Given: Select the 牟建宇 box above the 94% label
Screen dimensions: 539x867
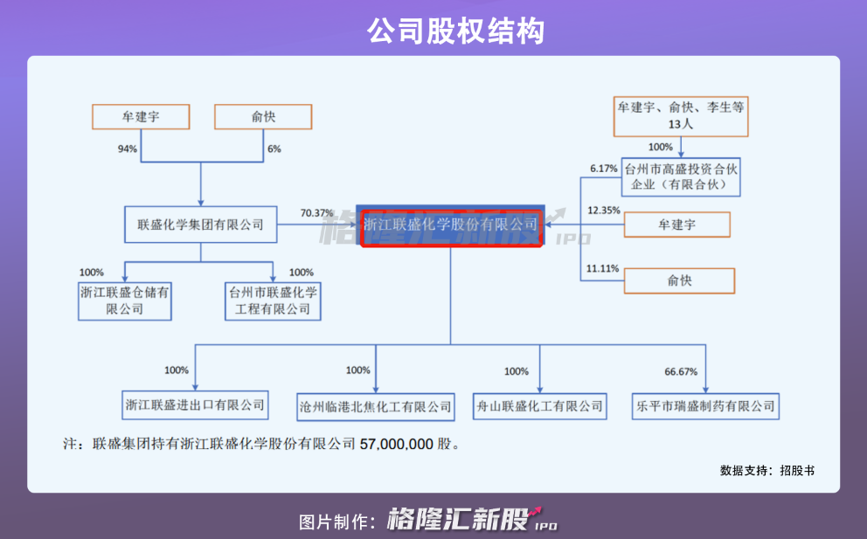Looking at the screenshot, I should click(141, 116).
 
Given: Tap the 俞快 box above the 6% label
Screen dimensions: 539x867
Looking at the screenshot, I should click(263, 116).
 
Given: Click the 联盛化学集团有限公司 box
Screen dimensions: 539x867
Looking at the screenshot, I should click(201, 225).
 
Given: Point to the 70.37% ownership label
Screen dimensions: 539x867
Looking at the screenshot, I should click(316, 213).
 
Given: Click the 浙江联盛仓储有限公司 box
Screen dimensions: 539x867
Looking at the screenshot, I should click(122, 301).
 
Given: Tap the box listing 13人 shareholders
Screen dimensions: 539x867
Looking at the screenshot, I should click(682, 116).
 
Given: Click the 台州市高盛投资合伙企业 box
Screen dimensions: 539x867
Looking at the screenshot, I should click(681, 177).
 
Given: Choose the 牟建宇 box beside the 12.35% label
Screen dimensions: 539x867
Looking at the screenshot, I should click(678, 225).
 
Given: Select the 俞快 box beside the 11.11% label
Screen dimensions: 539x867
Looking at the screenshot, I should click(678, 280).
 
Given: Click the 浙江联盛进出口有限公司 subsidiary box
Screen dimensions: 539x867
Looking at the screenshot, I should click(194, 405).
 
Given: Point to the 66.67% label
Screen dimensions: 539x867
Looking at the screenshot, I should click(681, 372).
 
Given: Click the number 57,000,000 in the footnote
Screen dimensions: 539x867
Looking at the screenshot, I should click(396, 445).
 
